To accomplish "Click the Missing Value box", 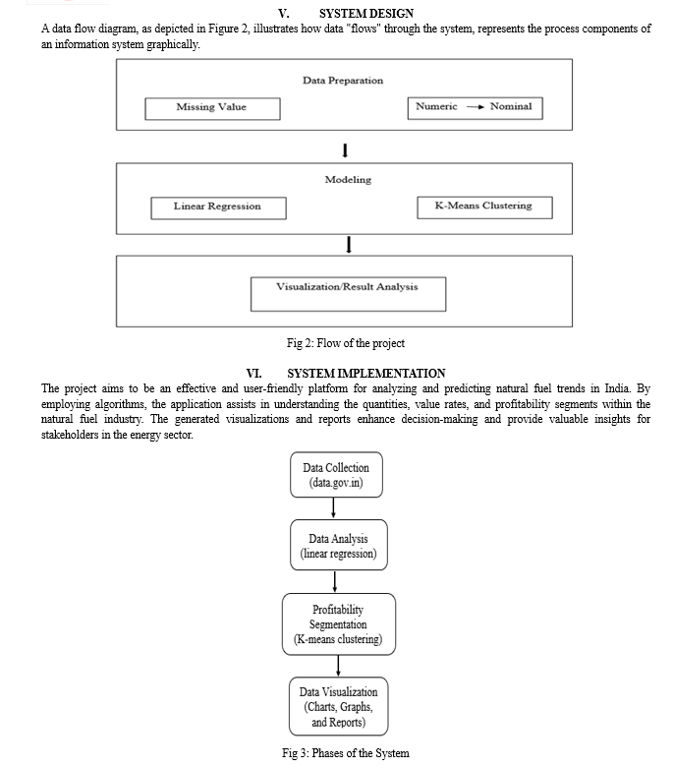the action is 212,109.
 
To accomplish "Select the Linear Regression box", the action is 218,208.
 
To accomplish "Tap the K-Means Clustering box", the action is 484,207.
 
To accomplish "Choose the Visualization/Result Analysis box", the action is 348,294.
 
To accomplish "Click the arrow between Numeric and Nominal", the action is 476,107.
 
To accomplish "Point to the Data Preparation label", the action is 343,81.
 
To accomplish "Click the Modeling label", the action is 348,180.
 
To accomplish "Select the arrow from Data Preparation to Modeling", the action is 345,150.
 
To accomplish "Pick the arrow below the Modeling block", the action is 349,245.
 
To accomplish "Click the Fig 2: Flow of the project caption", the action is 346,343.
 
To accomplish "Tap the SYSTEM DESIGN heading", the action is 366,13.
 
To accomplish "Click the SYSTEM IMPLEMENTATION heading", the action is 366,374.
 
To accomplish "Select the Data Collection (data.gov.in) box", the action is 336,475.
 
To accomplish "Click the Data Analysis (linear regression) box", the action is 339,545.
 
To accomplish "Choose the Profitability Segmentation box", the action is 339,624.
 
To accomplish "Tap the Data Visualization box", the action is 339,706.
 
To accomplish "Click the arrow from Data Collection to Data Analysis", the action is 333,508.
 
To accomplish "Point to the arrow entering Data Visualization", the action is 338,666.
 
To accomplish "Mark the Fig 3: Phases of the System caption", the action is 346,753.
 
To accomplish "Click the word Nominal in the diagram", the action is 511,106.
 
